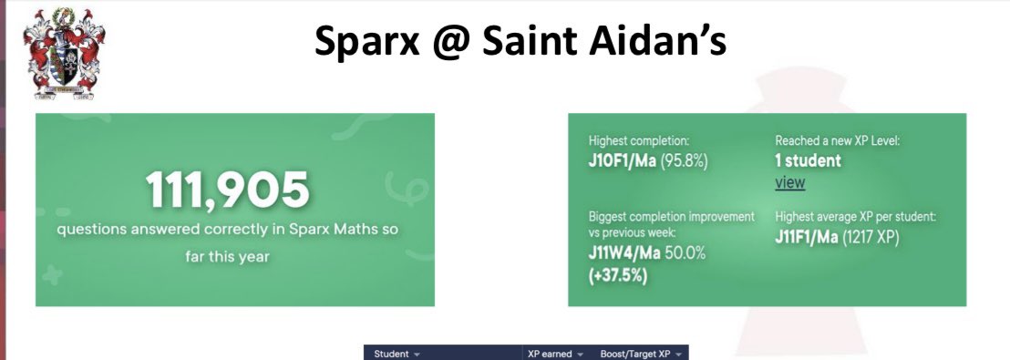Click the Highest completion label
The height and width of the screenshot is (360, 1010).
point(638,141)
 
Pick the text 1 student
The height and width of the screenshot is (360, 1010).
point(808,161)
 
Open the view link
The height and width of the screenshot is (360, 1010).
point(789,182)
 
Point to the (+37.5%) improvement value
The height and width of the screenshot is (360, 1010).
point(618,274)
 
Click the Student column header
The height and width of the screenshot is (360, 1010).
point(395,353)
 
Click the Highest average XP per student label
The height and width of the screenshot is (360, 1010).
point(856,217)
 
